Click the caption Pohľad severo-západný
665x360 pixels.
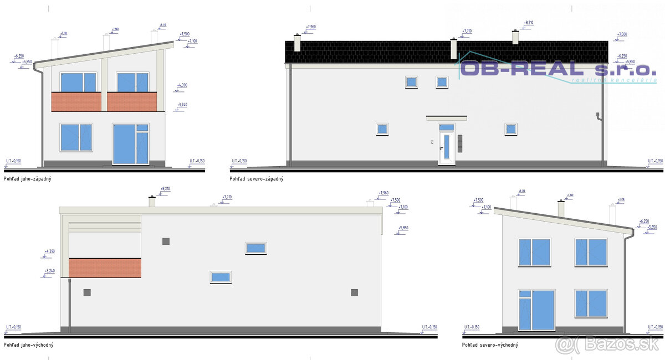pyautogui.click(x=257, y=179)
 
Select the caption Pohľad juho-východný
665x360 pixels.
pyautogui.click(x=28, y=345)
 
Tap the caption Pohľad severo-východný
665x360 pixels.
pyautogui.click(x=490, y=345)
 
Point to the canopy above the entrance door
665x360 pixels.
pyautogui.click(x=446, y=117)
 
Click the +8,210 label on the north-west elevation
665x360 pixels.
pyautogui.click(x=528, y=23)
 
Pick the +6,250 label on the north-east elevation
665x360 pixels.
pyautogui.click(x=643, y=222)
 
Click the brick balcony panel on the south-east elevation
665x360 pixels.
pyautogui.click(x=105, y=268)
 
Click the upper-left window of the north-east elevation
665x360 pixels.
pyautogui.click(x=534, y=252)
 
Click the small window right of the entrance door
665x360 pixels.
pyautogui.click(x=510, y=129)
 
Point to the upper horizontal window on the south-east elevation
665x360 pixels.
pyautogui.click(x=256, y=248)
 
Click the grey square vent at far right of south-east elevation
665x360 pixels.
pyautogui.click(x=354, y=292)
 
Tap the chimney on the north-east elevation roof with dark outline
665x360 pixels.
pyautogui.click(x=561, y=209)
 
